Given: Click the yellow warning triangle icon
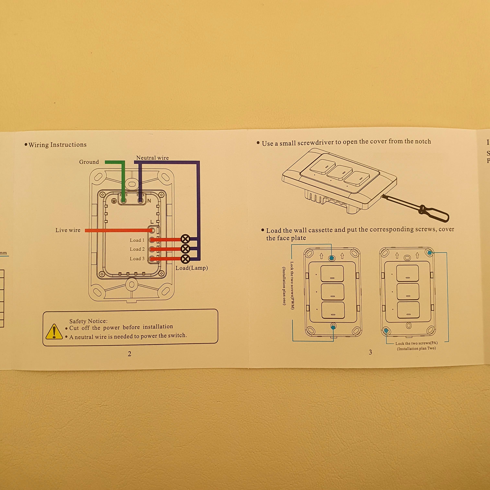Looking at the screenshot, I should click(54, 332).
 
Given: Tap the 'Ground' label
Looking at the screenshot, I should click(89, 162).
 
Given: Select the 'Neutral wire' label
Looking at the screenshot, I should click(152, 158).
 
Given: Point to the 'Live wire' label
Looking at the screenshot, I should click(68, 230).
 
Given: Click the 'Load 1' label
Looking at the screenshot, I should click(137, 240).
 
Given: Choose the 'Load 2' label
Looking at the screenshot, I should click(137, 249).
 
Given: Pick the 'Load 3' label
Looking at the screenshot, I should click(137, 259).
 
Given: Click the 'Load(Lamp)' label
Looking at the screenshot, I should click(192, 268).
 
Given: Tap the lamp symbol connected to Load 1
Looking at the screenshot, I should click(185, 239).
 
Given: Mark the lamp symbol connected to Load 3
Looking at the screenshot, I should click(185, 259).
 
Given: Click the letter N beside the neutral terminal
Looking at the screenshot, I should click(149, 201).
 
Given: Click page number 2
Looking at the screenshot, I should click(130, 354).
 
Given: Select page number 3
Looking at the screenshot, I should click(370, 352).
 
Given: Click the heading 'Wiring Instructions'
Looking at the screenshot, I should click(58, 145).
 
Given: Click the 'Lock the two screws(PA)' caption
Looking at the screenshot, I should click(416, 343).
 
